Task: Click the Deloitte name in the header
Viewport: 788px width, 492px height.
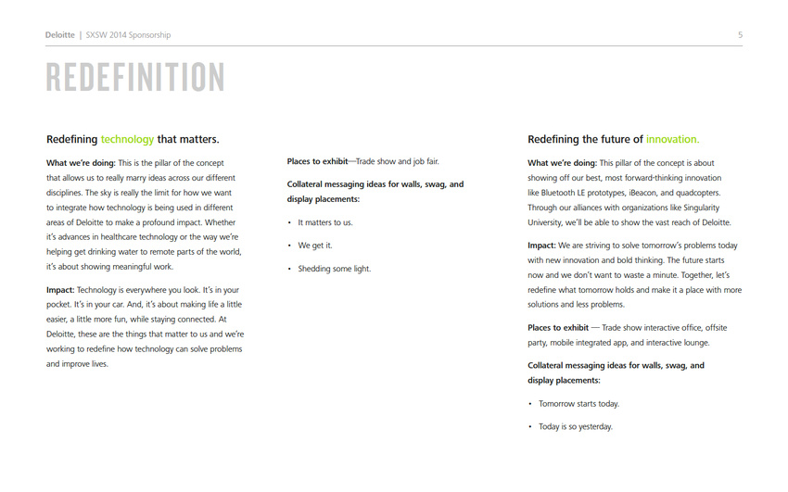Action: [x=60, y=35]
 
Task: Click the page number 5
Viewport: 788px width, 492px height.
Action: [x=740, y=35]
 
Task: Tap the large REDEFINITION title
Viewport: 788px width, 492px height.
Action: [x=135, y=78]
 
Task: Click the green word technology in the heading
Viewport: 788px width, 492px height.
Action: [x=127, y=139]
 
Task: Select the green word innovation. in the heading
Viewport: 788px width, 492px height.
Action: [x=672, y=139]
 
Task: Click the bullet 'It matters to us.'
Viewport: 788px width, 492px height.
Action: [x=324, y=222]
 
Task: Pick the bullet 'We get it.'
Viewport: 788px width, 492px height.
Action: [x=314, y=246]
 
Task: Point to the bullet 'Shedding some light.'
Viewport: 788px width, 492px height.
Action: [x=334, y=269]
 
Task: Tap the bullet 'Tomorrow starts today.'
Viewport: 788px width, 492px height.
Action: [x=578, y=403]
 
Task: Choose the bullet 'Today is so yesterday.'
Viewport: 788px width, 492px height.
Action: [x=576, y=426]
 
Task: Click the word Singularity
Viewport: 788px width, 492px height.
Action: [x=695, y=208]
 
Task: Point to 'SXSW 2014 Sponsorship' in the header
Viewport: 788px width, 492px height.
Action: [x=128, y=35]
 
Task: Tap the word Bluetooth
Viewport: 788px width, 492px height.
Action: [x=558, y=193]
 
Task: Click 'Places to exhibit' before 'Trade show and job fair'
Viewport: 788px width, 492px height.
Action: [x=317, y=162]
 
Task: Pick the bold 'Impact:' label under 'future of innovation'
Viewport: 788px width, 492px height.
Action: [x=541, y=246]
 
